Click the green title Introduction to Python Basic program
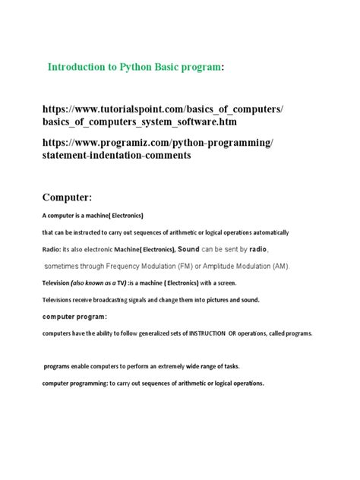[135, 68]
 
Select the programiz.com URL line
[159, 143]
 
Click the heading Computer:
[67, 197]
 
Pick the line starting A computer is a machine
[93, 216]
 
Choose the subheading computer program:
[74, 317]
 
